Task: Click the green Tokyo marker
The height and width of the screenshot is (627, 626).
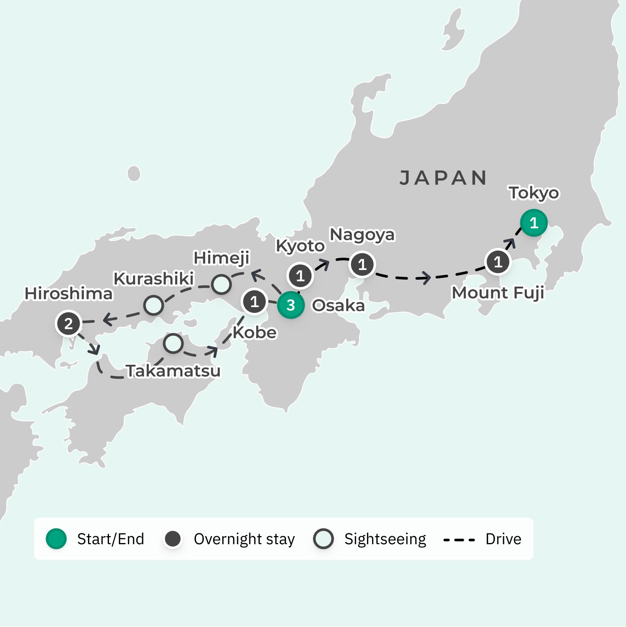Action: [x=534, y=223]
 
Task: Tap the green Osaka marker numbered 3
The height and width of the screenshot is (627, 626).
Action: [x=291, y=305]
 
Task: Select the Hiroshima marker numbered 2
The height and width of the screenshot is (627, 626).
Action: [x=68, y=323]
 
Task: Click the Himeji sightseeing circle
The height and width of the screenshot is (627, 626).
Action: [x=221, y=284]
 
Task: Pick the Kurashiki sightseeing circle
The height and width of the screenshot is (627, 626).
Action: [x=153, y=306]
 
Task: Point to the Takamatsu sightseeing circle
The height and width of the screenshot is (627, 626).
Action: [x=173, y=343]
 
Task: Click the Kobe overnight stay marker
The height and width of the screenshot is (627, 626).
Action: [x=254, y=301]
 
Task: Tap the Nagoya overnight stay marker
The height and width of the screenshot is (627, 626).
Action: [x=362, y=265]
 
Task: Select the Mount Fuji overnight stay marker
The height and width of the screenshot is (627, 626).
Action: [x=498, y=262]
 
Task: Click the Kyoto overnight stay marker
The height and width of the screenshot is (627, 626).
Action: [x=300, y=276]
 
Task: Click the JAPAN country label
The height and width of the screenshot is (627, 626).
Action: [x=443, y=178]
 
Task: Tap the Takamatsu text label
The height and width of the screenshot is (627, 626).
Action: [x=173, y=371]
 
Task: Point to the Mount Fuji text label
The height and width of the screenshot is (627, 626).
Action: [x=498, y=293]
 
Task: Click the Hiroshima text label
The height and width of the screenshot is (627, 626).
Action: [x=68, y=294]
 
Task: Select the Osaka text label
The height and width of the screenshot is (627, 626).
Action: [x=338, y=306]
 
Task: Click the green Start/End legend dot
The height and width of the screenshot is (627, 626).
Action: [x=56, y=538]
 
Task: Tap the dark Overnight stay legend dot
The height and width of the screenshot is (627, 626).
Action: [x=173, y=538]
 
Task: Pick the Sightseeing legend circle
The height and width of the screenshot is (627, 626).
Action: [x=323, y=538]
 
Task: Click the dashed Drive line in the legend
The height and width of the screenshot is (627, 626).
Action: [x=459, y=539]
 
